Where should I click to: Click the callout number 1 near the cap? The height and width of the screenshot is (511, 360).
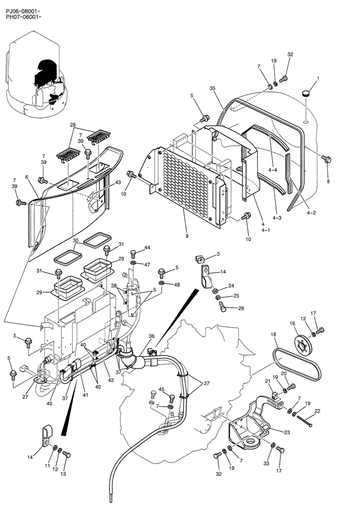point(318,79)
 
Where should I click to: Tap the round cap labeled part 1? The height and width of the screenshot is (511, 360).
point(306,93)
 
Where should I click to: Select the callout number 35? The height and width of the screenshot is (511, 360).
point(212,88)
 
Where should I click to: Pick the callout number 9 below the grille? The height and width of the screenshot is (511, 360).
point(187,236)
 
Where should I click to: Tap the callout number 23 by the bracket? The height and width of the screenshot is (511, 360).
point(287,432)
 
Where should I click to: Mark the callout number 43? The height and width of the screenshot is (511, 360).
point(118,182)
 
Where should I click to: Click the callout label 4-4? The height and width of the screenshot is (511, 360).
point(273,169)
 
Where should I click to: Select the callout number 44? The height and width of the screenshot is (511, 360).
point(147,247)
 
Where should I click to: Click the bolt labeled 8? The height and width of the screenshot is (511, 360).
point(326,159)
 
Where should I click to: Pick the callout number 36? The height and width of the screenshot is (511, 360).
point(151,336)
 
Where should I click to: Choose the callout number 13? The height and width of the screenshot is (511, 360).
point(63,474)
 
